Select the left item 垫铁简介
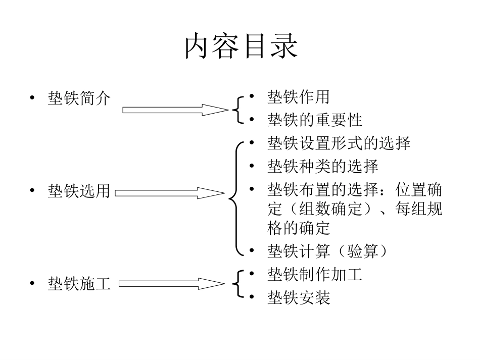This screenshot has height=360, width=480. tap(79, 97)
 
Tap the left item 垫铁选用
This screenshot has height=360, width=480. tap(79, 191)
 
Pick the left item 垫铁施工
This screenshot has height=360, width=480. tap(79, 283)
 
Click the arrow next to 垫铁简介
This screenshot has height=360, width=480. tap(175, 110)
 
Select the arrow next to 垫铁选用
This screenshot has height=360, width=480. tap(169, 192)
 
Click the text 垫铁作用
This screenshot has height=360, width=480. tap(298, 97)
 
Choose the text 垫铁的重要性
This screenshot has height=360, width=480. tap(314, 120)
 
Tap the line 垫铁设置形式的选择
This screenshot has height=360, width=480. tap(339, 143)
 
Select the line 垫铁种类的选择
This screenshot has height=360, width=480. tap(322, 166)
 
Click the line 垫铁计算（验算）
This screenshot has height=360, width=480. tap(327, 251)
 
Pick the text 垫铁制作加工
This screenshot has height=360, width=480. tap(314, 275)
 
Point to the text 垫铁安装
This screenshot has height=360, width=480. tap(298, 298)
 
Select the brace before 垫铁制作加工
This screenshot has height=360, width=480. tap(237, 285)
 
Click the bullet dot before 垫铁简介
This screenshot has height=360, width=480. tap(32, 97)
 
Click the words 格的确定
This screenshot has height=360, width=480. tap(298, 228)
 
